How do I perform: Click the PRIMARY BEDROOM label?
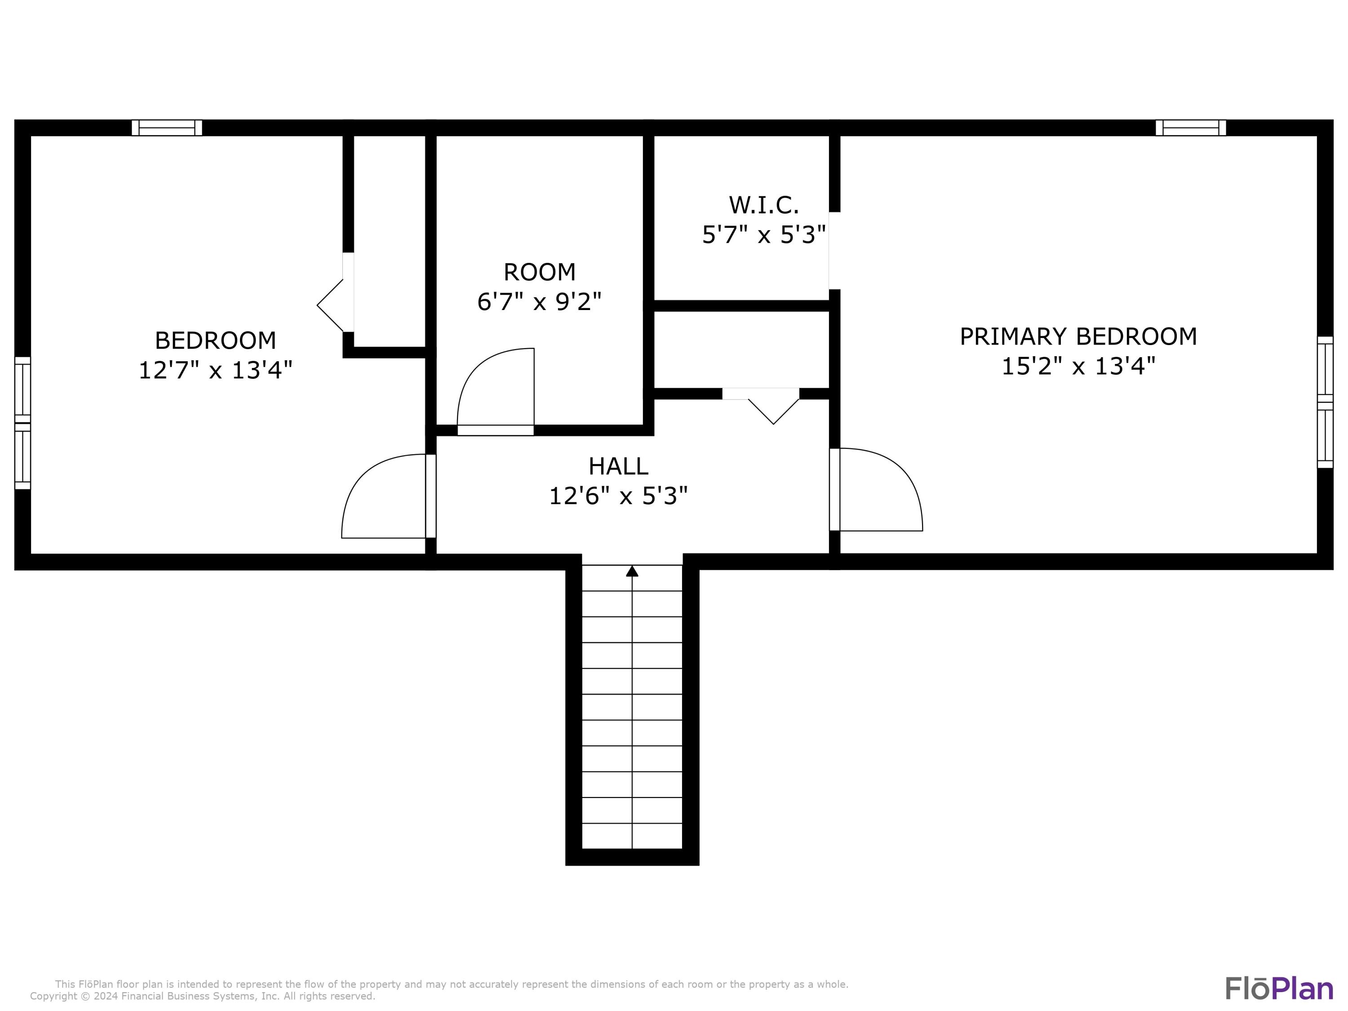point(1078,337)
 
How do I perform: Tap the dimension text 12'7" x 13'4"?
point(215,370)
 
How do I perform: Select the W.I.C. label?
point(763,205)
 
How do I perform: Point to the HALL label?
point(618,466)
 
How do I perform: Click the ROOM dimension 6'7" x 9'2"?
point(539,302)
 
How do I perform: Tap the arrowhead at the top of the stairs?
point(632,571)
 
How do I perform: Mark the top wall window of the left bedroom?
point(167,127)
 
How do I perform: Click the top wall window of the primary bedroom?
point(1190,127)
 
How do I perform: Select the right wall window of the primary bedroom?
point(1325,402)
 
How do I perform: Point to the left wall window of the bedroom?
point(22,423)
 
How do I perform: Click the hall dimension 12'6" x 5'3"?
point(618,496)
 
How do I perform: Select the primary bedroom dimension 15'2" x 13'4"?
point(1078,366)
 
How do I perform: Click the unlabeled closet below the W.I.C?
point(741,349)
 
